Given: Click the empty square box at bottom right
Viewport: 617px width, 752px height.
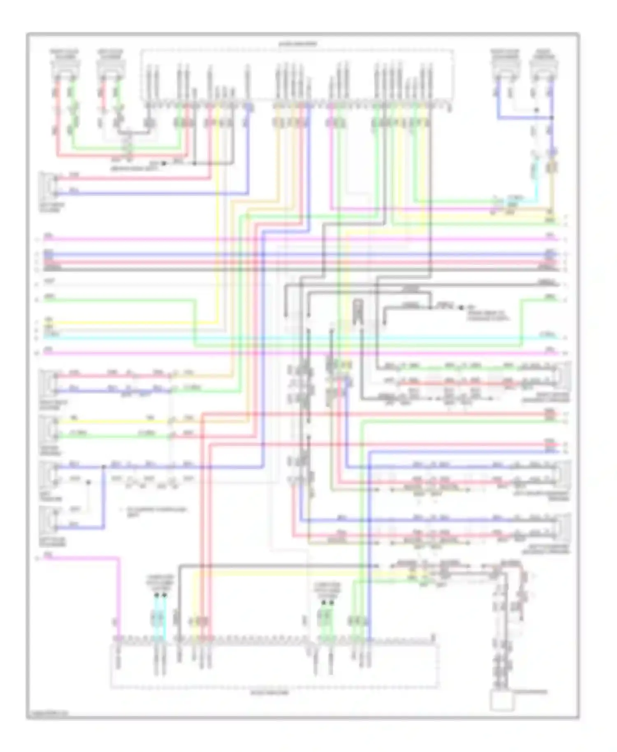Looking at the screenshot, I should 502,701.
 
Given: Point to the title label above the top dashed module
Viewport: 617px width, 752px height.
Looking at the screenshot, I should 298,44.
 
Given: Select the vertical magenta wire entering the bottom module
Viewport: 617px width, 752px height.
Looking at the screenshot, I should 119,596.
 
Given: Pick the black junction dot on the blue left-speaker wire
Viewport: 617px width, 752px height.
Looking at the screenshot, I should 103,467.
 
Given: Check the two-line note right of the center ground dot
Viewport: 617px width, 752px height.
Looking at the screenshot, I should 487,316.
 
